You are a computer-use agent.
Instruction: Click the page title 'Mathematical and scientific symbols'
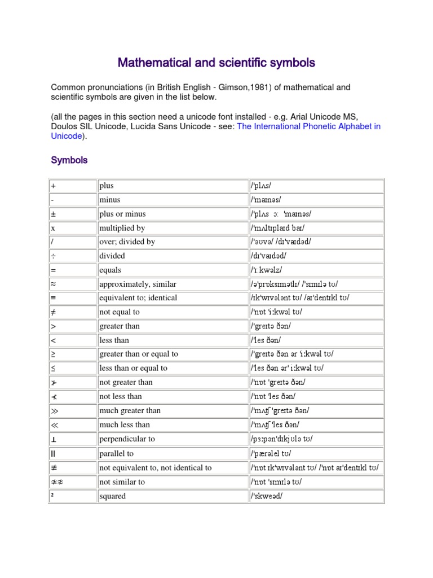pyautogui.click(x=216, y=62)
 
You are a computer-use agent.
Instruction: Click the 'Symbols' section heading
pyautogui.click(x=69, y=160)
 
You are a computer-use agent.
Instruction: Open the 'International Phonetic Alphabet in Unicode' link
pyautogui.click(x=308, y=126)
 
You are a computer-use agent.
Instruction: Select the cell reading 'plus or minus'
pyautogui.click(x=122, y=214)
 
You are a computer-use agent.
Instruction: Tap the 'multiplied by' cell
pyautogui.click(x=122, y=228)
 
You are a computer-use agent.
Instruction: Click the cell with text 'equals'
pyautogui.click(x=110, y=270)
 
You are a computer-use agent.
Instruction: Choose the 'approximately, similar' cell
pyautogui.click(x=135, y=284)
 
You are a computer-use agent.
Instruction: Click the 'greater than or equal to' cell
pyautogui.click(x=139, y=354)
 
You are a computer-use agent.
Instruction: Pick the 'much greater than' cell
pyautogui.click(x=130, y=410)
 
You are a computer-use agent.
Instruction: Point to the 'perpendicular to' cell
pyautogui.click(x=127, y=439)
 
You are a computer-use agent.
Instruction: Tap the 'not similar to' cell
pyautogui.click(x=122, y=481)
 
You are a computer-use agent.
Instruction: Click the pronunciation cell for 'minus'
pyautogui.click(x=268, y=200)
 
